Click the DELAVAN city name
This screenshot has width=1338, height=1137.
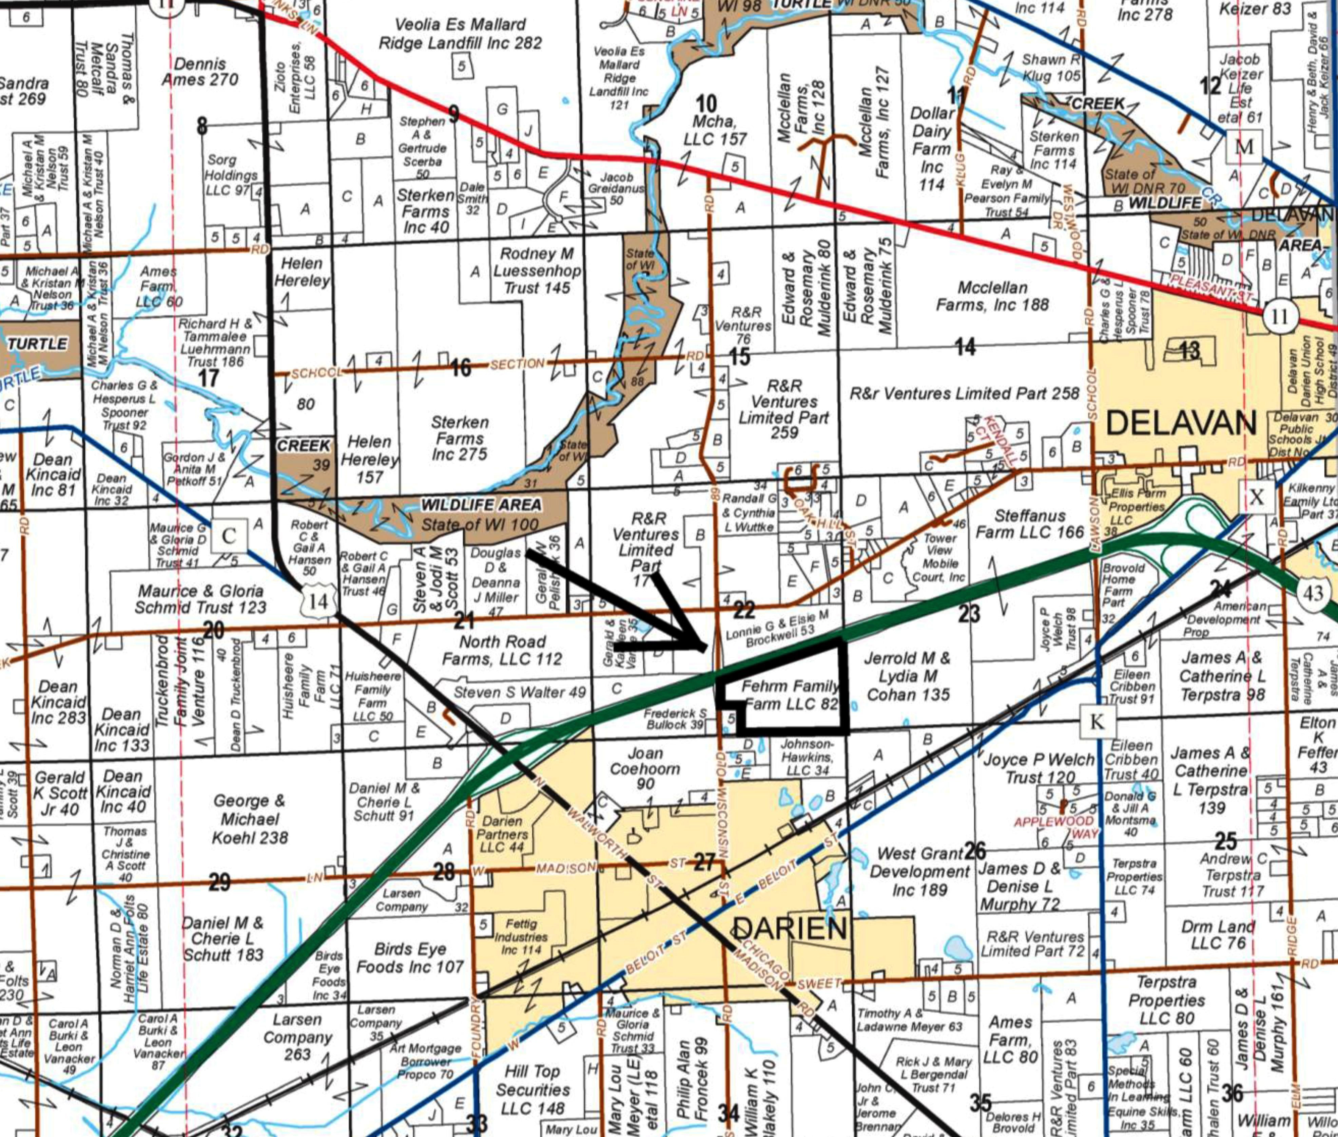(x=1181, y=424)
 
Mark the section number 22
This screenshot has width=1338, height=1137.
(x=744, y=609)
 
